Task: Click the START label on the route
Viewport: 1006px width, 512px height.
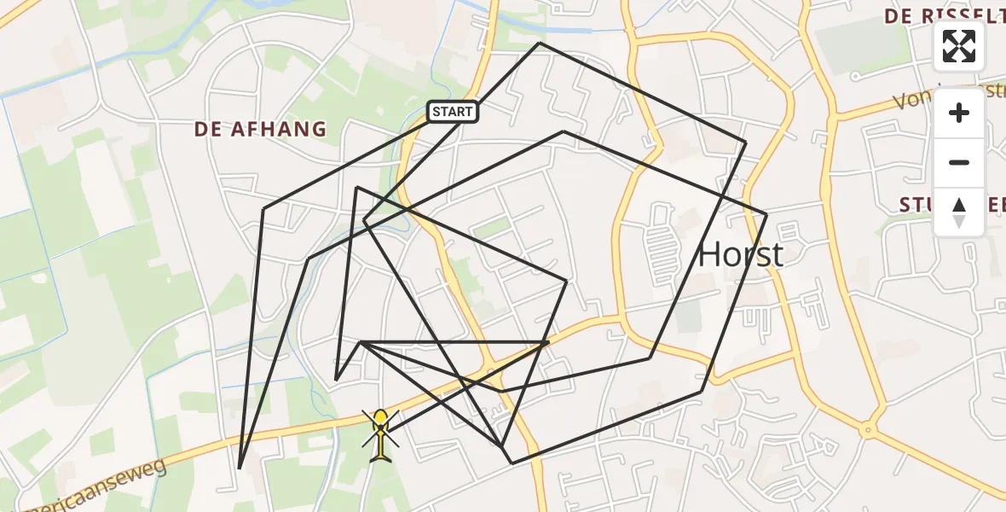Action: click(452, 112)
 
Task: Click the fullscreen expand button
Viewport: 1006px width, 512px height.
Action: click(959, 46)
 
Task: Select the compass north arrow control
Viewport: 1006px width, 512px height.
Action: click(959, 212)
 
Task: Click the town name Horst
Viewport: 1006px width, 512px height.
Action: click(740, 254)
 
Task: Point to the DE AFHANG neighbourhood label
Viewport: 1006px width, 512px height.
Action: click(260, 130)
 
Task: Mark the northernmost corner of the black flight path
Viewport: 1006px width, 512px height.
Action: click(539, 43)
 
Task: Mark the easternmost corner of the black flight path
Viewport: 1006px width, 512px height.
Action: click(766, 214)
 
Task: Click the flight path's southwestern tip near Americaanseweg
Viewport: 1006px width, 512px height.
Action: click(240, 468)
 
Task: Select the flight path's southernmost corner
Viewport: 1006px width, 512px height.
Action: click(512, 463)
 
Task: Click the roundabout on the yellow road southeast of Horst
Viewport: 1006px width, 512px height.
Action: click(868, 429)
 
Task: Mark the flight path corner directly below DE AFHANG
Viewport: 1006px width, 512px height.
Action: click(264, 208)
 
